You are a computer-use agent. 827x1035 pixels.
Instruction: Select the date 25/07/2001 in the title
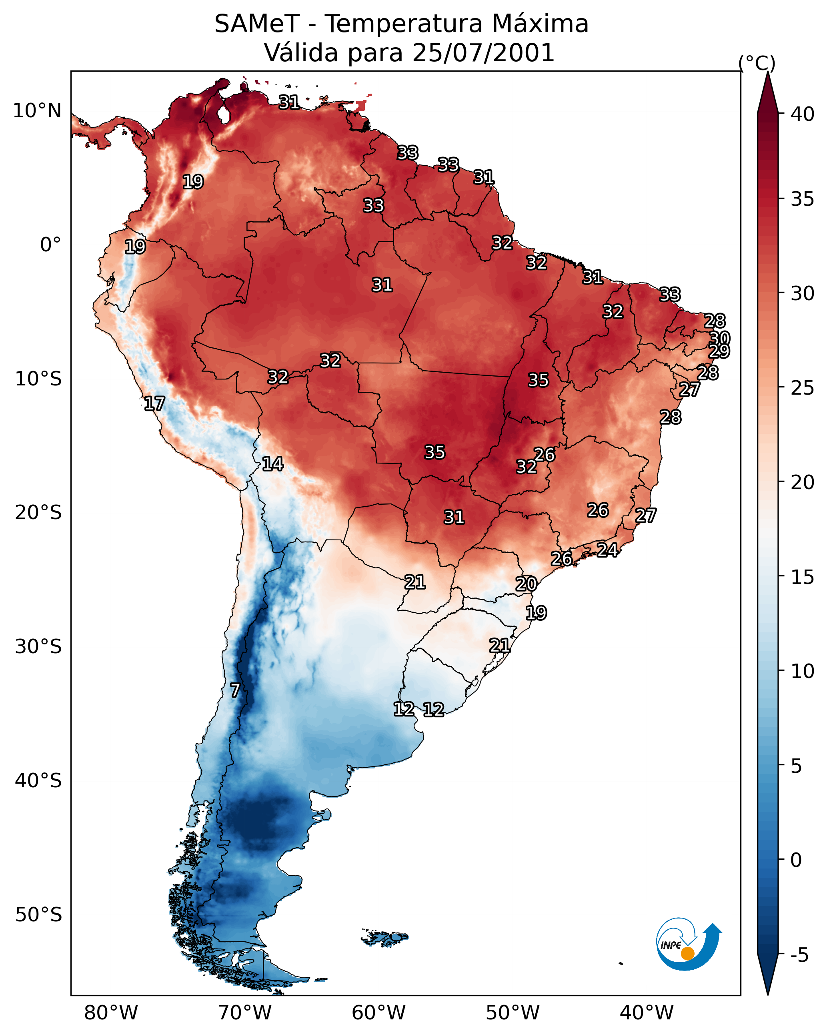(x=483, y=53)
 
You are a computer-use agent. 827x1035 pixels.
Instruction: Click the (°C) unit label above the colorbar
(x=757, y=63)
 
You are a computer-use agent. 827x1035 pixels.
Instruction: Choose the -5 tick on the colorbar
(x=799, y=955)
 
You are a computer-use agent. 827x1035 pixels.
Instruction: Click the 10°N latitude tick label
(x=37, y=111)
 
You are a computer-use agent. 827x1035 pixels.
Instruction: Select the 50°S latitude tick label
(x=38, y=915)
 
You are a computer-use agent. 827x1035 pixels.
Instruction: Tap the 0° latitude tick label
(x=50, y=245)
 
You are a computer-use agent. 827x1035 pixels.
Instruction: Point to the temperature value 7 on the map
(x=235, y=690)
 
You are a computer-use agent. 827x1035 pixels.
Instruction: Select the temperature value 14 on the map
(x=272, y=464)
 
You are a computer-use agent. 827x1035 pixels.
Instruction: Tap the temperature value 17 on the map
(x=154, y=404)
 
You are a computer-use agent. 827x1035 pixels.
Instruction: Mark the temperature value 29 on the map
(x=719, y=351)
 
